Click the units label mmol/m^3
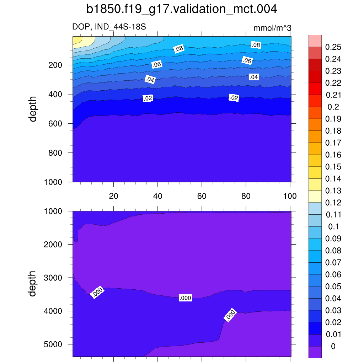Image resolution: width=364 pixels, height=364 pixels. [272, 28]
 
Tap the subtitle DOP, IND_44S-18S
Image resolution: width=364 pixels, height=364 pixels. [109, 27]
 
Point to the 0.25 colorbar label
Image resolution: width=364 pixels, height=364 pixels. [333, 47]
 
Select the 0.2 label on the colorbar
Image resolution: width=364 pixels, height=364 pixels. [333, 107]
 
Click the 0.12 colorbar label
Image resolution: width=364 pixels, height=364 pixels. [333, 203]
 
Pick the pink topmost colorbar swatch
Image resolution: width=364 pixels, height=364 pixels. [315, 41]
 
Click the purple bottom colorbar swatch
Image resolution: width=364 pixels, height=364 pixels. [315, 352]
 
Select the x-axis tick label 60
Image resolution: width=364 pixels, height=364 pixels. [202, 196]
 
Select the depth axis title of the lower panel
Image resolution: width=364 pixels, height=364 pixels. [33, 284]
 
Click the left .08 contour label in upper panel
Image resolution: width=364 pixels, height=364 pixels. [179, 49]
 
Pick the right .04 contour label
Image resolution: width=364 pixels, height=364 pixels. [253, 77]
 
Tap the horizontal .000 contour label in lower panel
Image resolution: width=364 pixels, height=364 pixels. [185, 298]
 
